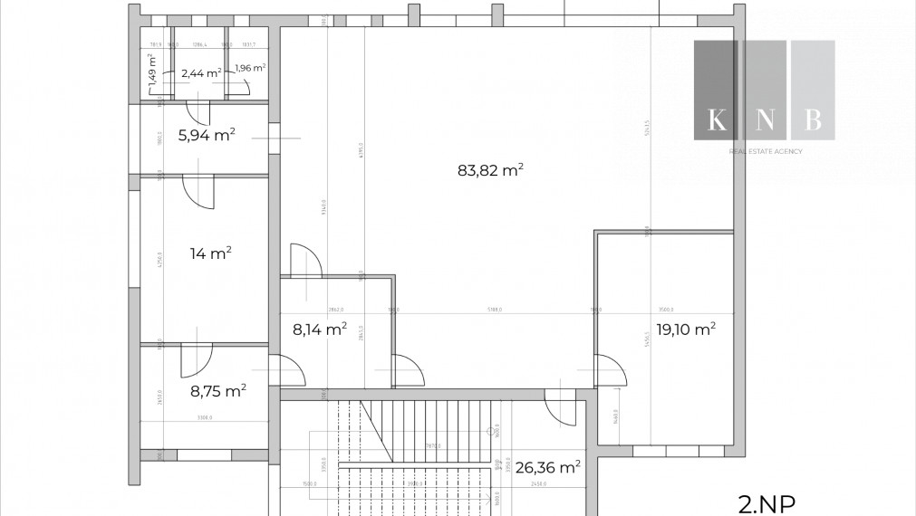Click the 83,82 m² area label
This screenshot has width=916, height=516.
point(492,169)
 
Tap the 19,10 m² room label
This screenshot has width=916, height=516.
point(685,329)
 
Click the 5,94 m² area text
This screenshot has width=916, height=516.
point(207,136)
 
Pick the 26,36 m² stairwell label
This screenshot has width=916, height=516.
point(547,468)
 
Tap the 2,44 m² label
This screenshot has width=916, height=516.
point(200,73)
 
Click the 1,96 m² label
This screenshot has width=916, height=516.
point(249,68)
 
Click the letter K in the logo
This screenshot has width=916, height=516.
point(716,119)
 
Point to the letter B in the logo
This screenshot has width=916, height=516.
point(813,119)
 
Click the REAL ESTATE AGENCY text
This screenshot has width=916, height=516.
point(766,151)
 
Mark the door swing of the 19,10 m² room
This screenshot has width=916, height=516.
point(609,369)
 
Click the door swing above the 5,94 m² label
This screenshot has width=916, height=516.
point(198,113)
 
